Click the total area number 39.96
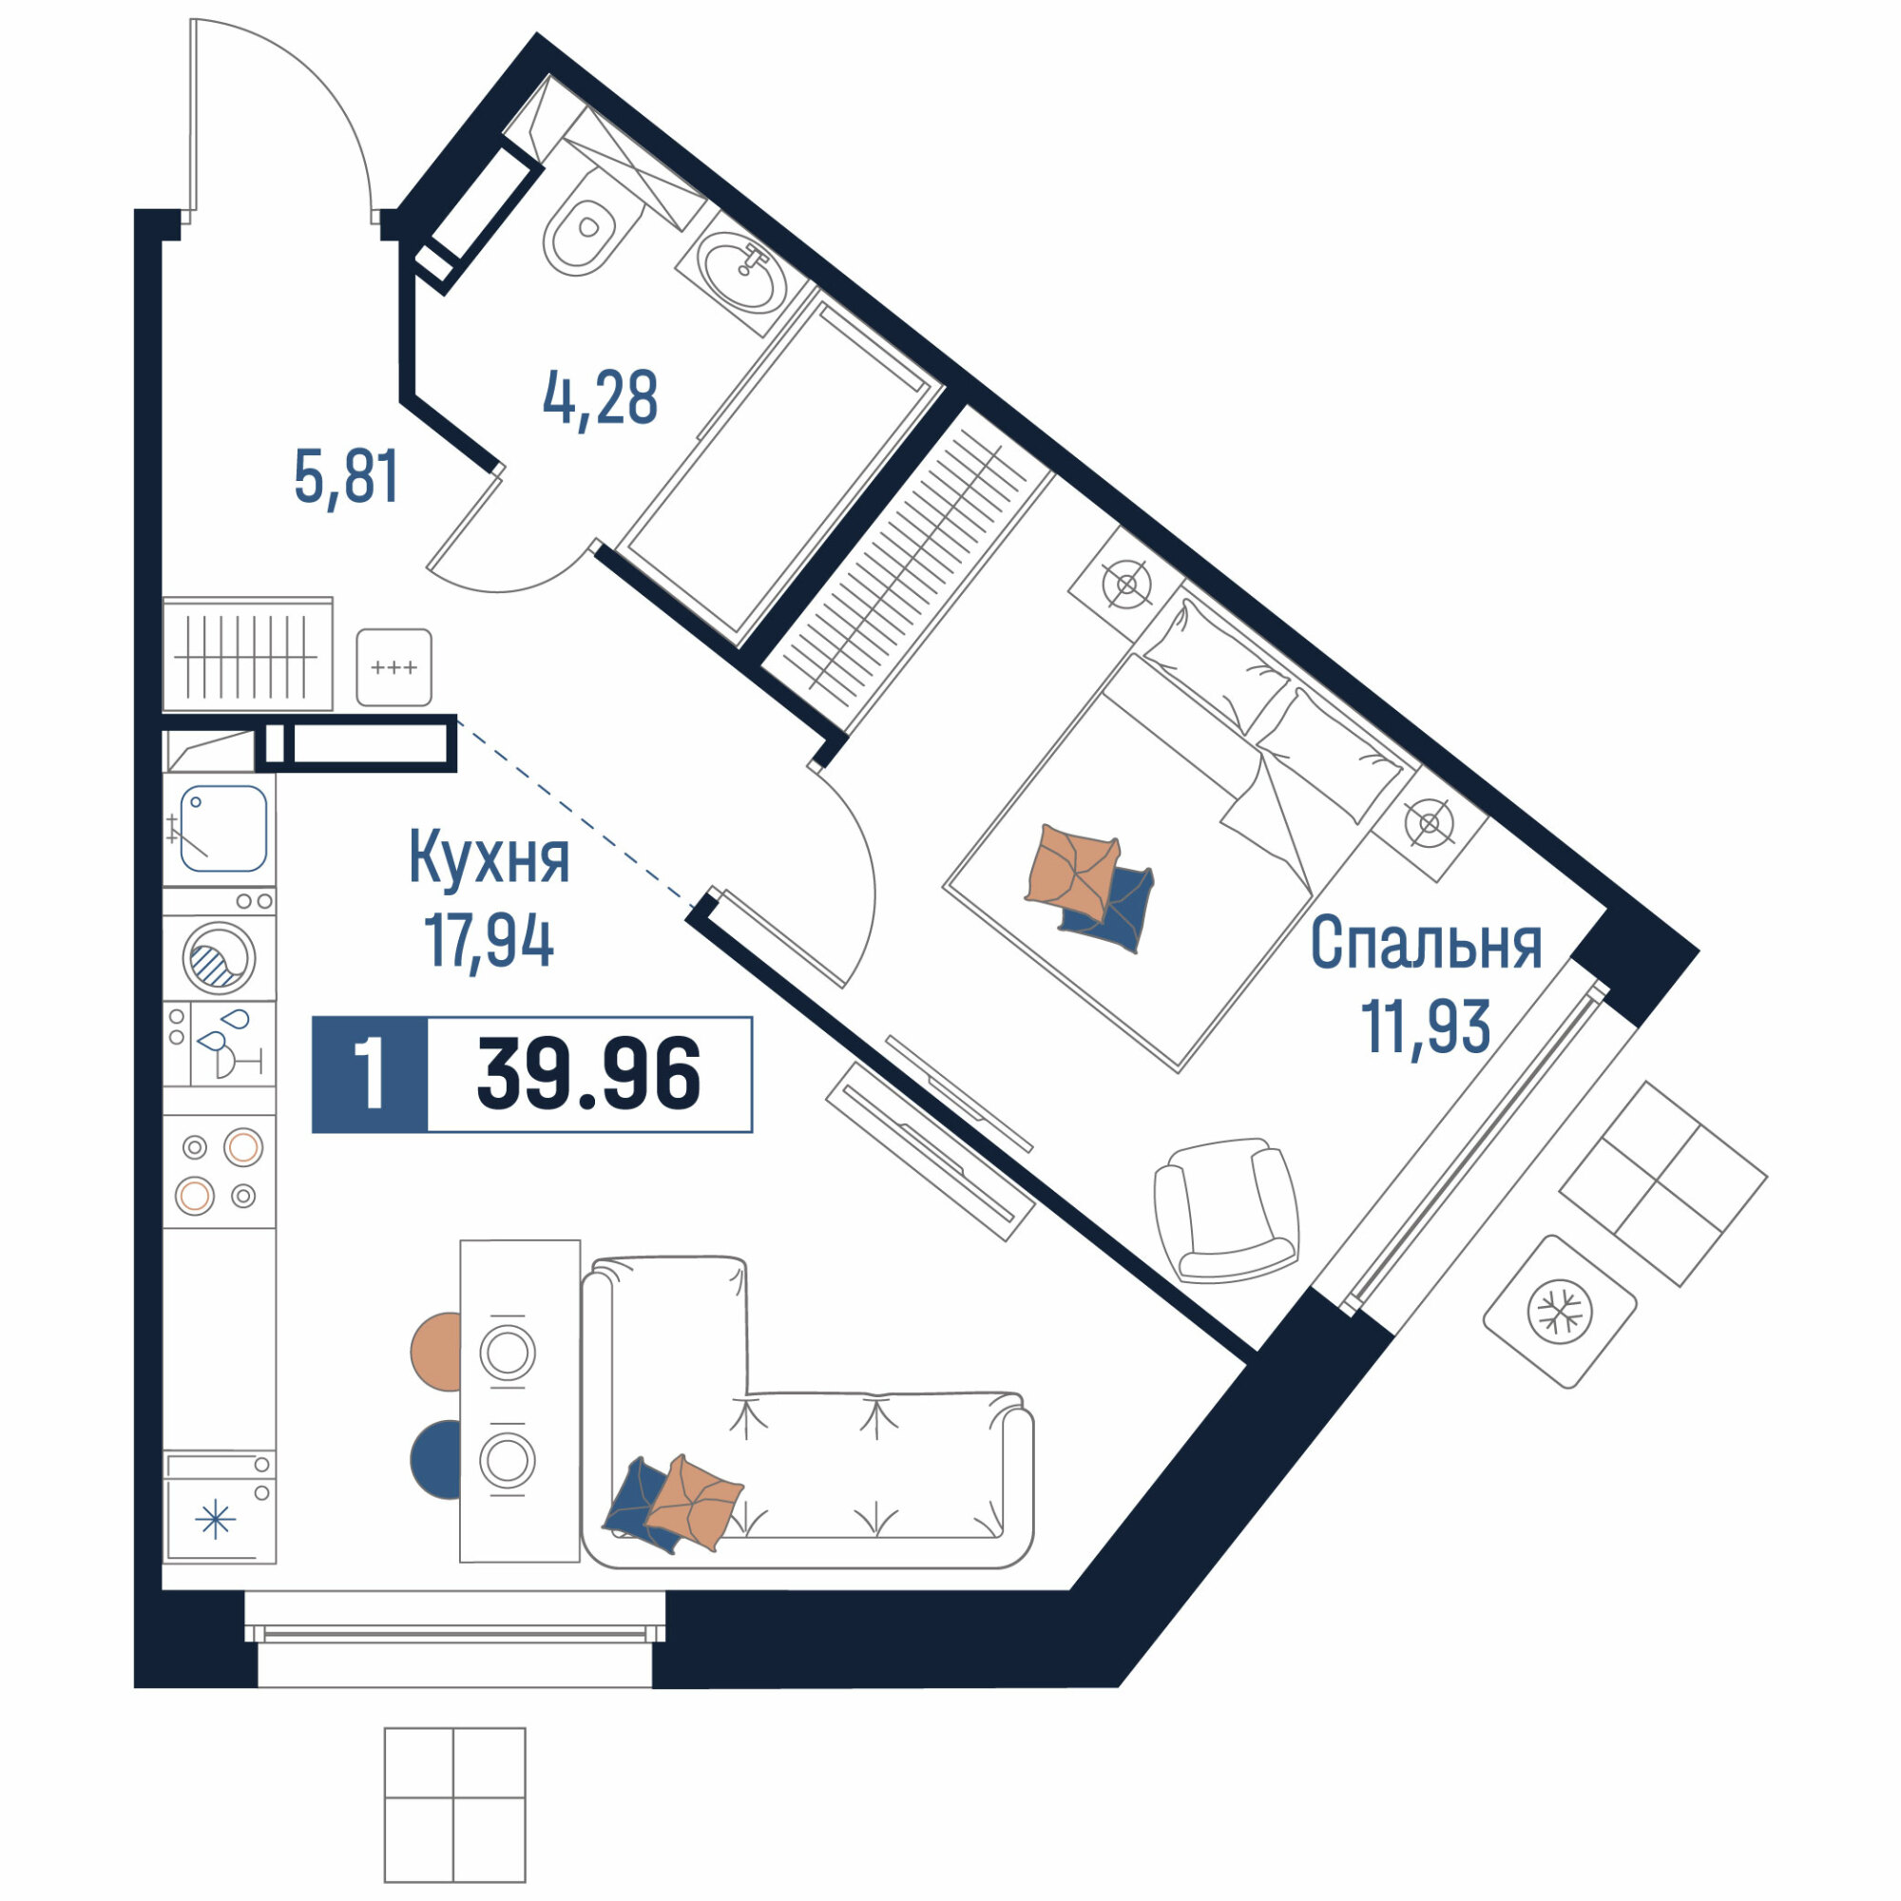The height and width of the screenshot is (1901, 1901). (588, 1074)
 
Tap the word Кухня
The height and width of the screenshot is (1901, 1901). (489, 857)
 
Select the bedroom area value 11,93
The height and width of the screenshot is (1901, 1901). (1426, 1027)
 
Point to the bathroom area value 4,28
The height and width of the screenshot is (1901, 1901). (600, 398)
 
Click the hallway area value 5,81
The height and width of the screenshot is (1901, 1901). (346, 476)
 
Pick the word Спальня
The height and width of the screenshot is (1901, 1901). (1427, 943)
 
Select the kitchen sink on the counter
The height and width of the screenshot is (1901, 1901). (222, 828)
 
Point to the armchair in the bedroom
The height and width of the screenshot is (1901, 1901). (1227, 1211)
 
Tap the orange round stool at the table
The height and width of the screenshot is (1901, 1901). (436, 1352)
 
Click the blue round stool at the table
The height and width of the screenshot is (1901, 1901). (436, 1460)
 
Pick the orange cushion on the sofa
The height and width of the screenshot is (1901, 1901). (694, 1503)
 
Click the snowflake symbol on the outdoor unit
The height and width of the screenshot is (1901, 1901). (1560, 1312)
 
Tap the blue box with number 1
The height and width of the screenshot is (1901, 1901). (370, 1074)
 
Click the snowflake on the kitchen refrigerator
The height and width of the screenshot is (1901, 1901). (216, 1520)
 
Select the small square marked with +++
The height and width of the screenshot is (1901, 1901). (394, 667)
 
